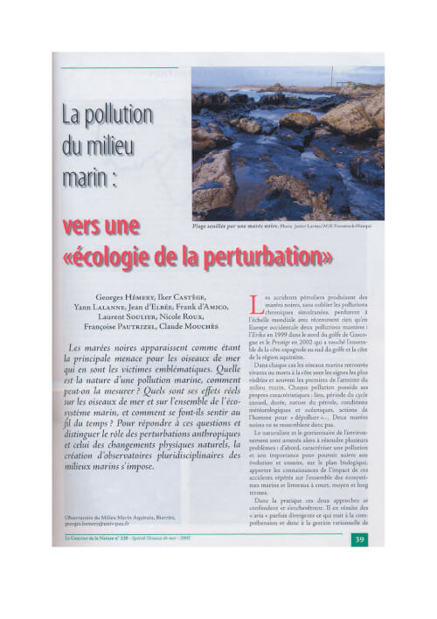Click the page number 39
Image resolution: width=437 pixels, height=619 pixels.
[360, 539]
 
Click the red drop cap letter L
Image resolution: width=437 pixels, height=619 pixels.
[255, 304]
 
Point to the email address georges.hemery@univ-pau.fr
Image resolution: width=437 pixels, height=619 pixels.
[101, 523]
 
